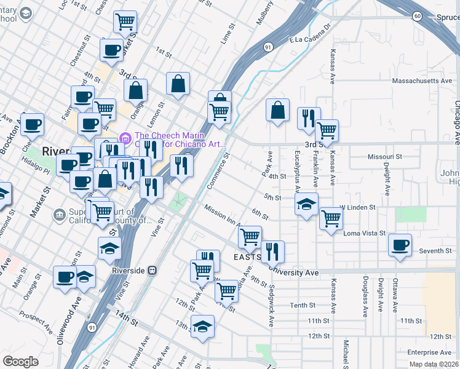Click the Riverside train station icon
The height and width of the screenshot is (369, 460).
(x=153, y=271)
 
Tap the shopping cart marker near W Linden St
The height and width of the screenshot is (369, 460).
(x=331, y=217)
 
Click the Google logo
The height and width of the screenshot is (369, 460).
(x=20, y=362)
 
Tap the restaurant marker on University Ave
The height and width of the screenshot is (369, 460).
(x=272, y=251)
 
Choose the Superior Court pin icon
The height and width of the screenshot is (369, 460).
(x=59, y=215)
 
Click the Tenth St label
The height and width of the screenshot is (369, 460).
(x=303, y=305)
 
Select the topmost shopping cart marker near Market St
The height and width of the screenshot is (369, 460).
(x=125, y=22)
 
